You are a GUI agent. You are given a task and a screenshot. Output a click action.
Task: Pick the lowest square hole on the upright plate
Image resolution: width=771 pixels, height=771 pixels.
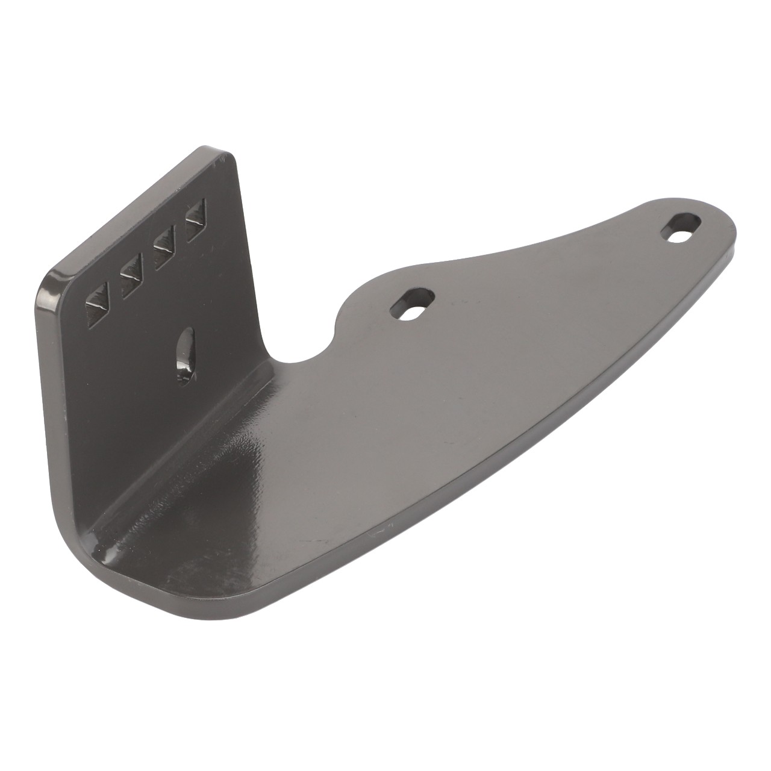point(98,306)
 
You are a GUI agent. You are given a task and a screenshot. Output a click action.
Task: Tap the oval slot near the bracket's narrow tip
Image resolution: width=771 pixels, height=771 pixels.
point(682,228)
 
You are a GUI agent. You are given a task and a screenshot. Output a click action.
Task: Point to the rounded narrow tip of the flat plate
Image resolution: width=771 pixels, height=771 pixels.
point(732,238)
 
